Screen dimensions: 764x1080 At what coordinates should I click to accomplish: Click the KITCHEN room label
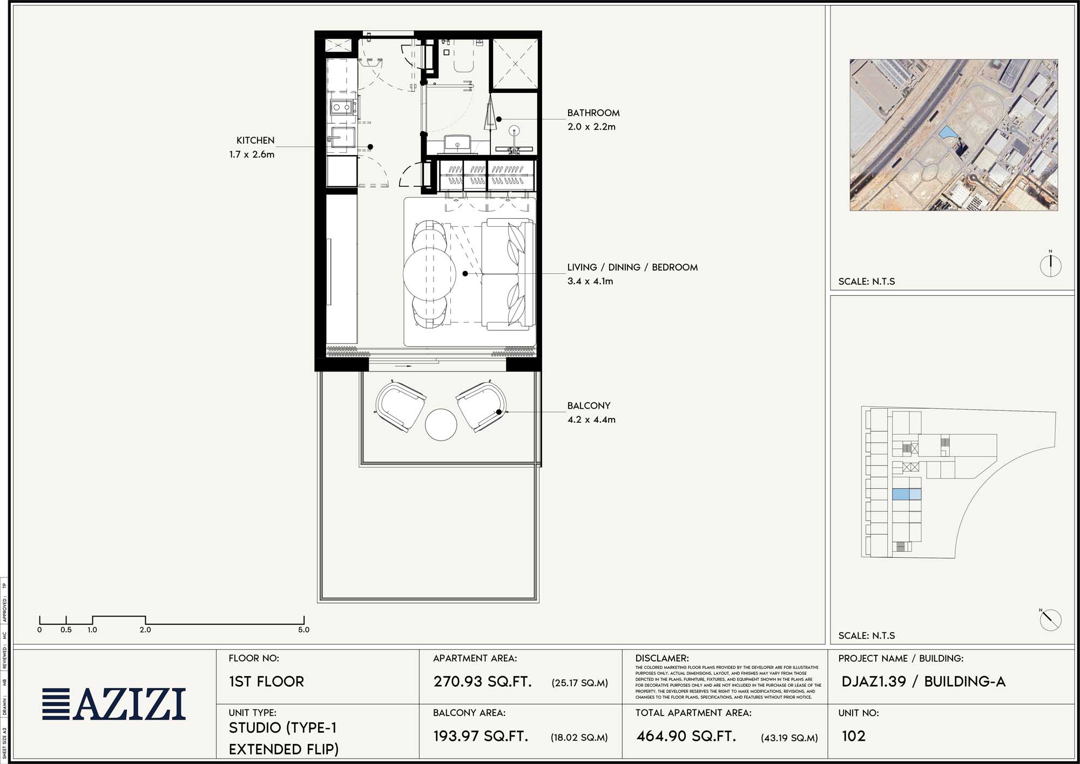(x=255, y=140)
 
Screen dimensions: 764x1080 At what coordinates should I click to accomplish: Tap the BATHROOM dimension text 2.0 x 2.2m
(x=591, y=127)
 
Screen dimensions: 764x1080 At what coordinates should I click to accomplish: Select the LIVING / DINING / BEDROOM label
(x=632, y=267)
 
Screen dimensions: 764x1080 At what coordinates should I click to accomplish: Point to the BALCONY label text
(x=589, y=405)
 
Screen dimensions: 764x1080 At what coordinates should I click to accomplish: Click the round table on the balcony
(x=441, y=425)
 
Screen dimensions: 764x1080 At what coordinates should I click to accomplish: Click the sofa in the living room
(x=508, y=274)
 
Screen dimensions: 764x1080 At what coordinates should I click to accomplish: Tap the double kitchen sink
(x=342, y=107)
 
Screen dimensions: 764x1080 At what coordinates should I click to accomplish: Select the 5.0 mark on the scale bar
(x=303, y=630)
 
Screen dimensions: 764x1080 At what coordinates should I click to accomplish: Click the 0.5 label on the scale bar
(x=66, y=630)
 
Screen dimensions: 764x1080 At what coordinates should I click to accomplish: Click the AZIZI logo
(x=114, y=704)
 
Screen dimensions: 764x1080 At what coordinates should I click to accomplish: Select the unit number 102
(x=854, y=736)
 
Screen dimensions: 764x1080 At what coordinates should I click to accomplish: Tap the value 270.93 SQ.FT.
(x=482, y=681)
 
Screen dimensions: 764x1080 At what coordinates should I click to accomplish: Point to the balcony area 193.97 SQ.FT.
(x=481, y=736)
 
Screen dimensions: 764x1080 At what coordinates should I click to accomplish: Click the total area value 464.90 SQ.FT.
(x=686, y=736)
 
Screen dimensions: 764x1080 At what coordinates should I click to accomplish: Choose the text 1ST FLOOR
(x=266, y=681)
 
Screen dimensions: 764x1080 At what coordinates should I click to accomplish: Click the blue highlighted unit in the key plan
(x=906, y=494)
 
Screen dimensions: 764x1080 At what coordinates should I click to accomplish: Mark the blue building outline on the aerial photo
(x=947, y=132)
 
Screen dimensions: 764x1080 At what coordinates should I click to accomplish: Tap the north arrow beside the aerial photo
(x=1050, y=265)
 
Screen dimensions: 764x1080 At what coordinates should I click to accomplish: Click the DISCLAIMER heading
(x=661, y=658)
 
